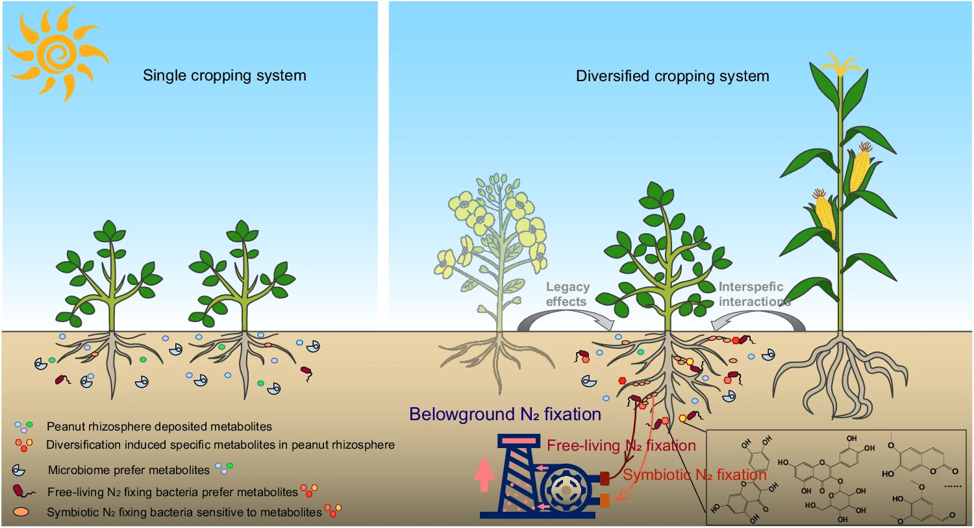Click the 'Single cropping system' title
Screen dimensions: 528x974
(x=224, y=75)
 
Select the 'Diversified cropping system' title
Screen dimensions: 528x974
(x=672, y=76)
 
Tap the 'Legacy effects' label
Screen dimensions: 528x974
(x=567, y=294)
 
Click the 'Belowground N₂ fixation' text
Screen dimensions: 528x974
(x=505, y=414)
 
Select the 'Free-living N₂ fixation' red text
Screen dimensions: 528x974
(x=621, y=446)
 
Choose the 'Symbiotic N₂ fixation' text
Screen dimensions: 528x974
(x=694, y=475)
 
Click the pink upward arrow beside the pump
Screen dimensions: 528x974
(x=484, y=474)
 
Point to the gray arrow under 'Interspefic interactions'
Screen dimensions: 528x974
(x=756, y=319)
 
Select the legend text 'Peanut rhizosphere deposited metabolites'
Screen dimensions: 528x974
(x=159, y=427)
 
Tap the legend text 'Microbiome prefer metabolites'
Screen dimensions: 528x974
(x=129, y=470)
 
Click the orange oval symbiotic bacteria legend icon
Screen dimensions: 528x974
(x=21, y=512)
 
